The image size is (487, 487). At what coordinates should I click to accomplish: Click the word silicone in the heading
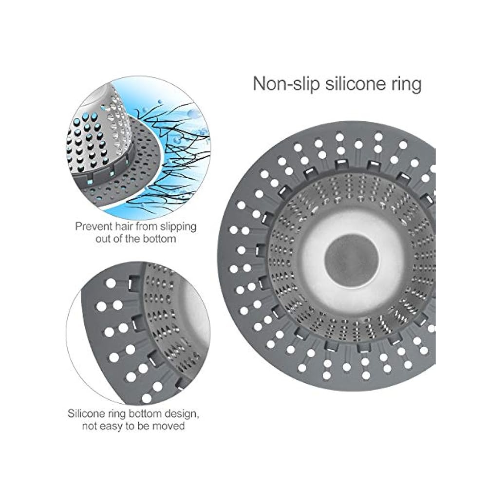coord(355,84)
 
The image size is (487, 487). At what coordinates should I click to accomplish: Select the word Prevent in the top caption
coord(94,226)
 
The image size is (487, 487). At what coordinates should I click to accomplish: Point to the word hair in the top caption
coord(124,226)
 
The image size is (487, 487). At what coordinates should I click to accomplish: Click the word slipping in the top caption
coord(178,227)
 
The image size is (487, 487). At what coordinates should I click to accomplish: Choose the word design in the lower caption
coord(182,414)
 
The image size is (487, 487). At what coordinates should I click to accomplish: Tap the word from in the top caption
coord(147,226)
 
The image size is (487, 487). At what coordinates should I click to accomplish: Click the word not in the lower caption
coord(90,426)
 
